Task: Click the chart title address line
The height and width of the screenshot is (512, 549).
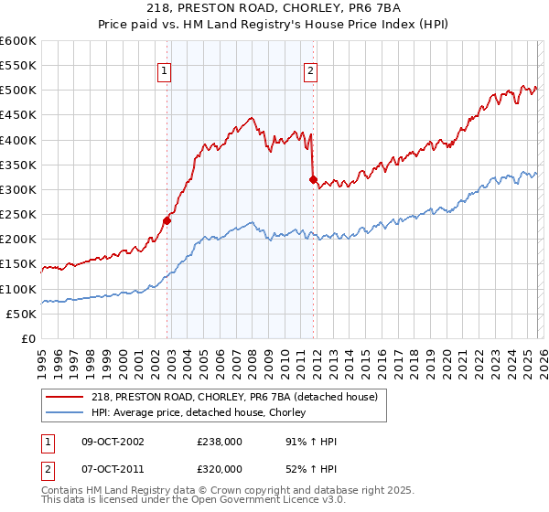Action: (274, 8)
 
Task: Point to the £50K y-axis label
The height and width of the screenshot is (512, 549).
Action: (21, 314)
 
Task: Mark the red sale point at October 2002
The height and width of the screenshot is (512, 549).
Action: (167, 220)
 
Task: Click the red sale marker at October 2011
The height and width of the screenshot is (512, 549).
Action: (313, 180)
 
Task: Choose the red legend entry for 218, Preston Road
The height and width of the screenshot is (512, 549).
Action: (238, 396)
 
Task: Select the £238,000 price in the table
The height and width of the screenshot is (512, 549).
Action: (218, 442)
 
